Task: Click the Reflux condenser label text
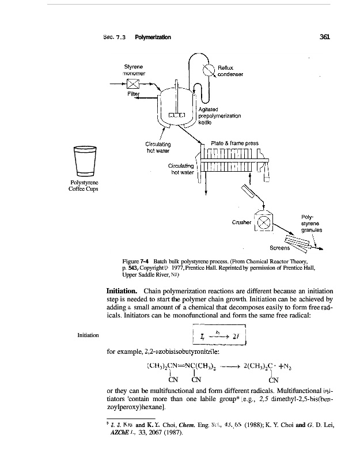230,70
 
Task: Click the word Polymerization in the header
153,37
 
